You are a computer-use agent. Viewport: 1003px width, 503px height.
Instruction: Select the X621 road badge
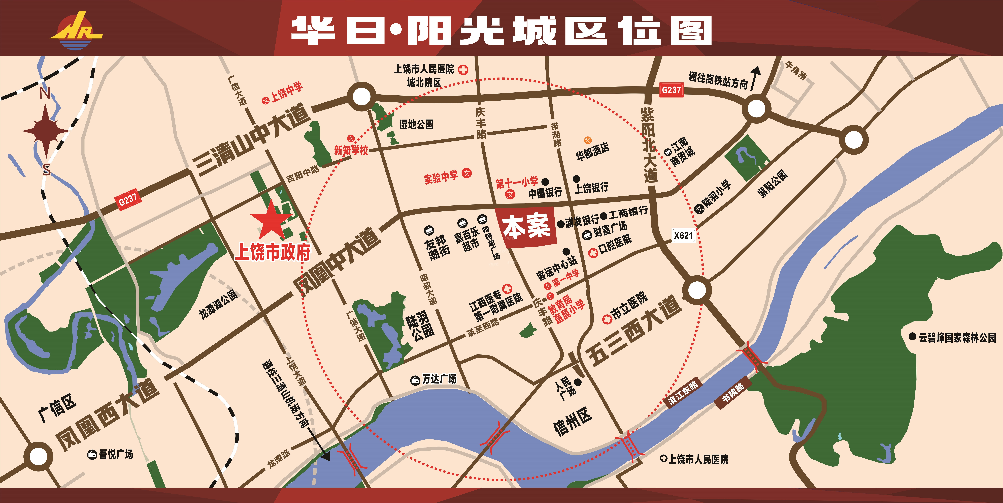click(x=683, y=235)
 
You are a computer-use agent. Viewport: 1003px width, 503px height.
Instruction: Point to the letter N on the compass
click(x=45, y=94)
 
